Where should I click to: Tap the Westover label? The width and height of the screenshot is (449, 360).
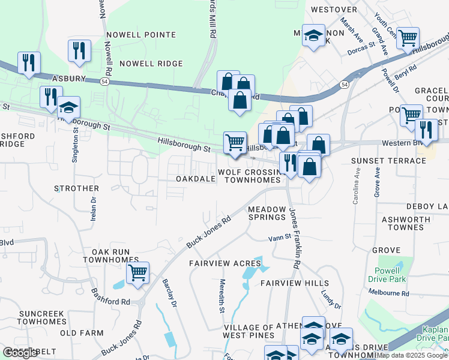(330, 10)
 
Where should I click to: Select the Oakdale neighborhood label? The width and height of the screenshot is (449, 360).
(195, 179)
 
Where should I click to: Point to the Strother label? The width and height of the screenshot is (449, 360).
(76, 188)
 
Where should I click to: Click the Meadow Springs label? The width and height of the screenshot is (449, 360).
(267, 212)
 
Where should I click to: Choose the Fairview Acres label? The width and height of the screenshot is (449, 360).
(225, 263)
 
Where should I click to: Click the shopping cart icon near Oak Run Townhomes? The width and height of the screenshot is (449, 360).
(138, 274)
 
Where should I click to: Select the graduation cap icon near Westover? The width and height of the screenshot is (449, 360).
(313, 35)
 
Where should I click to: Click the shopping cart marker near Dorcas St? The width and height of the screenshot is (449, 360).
(408, 38)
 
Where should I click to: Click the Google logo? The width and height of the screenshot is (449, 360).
(20, 353)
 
